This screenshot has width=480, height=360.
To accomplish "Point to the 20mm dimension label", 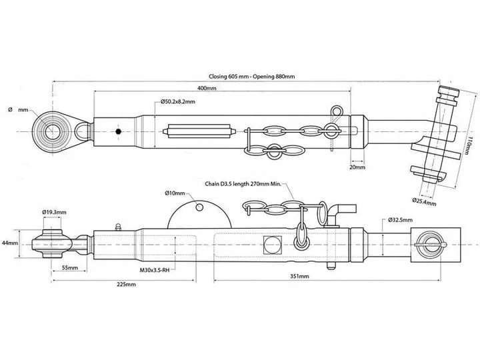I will (357, 167).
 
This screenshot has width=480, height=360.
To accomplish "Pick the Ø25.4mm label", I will (424, 200).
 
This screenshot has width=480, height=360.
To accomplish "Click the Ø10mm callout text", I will (175, 193).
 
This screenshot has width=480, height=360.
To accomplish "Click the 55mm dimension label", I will (70, 268).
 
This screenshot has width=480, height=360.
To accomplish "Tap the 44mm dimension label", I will (10, 243).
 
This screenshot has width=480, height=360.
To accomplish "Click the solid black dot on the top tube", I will (117, 132).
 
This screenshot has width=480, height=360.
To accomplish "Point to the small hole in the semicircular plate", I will (199, 207).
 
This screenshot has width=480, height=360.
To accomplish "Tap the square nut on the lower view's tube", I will (273, 245).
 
